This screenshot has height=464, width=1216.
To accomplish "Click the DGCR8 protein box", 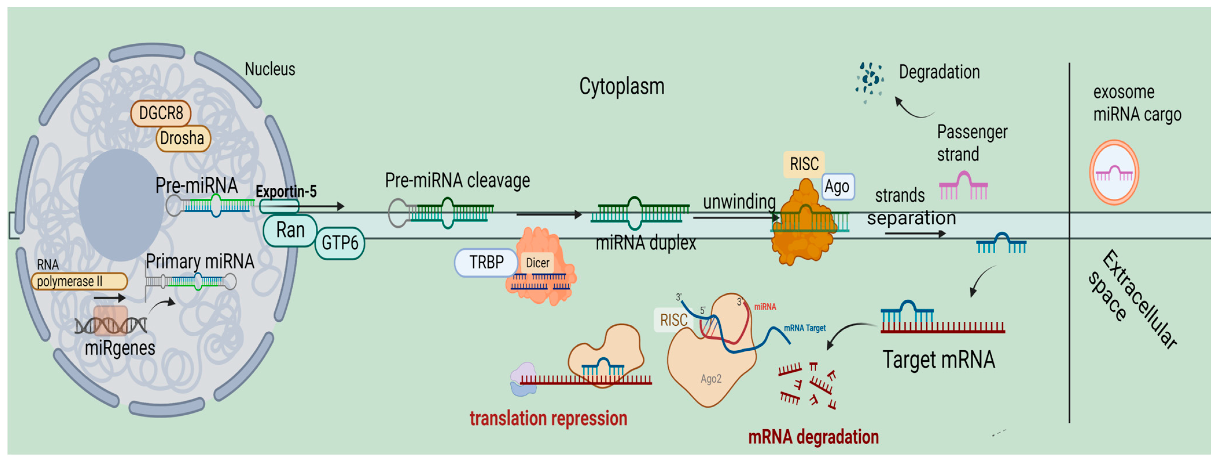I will [161, 114].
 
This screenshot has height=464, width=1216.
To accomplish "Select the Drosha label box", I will [183, 138].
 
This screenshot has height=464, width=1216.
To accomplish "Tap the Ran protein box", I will [290, 230].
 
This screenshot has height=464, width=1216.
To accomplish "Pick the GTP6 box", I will [339, 243].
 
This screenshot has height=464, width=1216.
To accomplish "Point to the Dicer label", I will [537, 263].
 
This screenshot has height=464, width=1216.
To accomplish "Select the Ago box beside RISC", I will [837, 187].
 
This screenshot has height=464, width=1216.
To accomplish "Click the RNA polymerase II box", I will [79, 281].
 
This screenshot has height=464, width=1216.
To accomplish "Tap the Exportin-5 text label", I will [286, 191].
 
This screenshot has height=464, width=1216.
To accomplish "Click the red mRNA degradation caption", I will [813, 436].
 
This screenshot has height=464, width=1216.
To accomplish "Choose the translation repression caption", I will [548, 418].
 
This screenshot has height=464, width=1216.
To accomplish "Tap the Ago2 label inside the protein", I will [711, 379].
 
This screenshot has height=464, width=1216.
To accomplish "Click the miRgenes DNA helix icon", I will [111, 325].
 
